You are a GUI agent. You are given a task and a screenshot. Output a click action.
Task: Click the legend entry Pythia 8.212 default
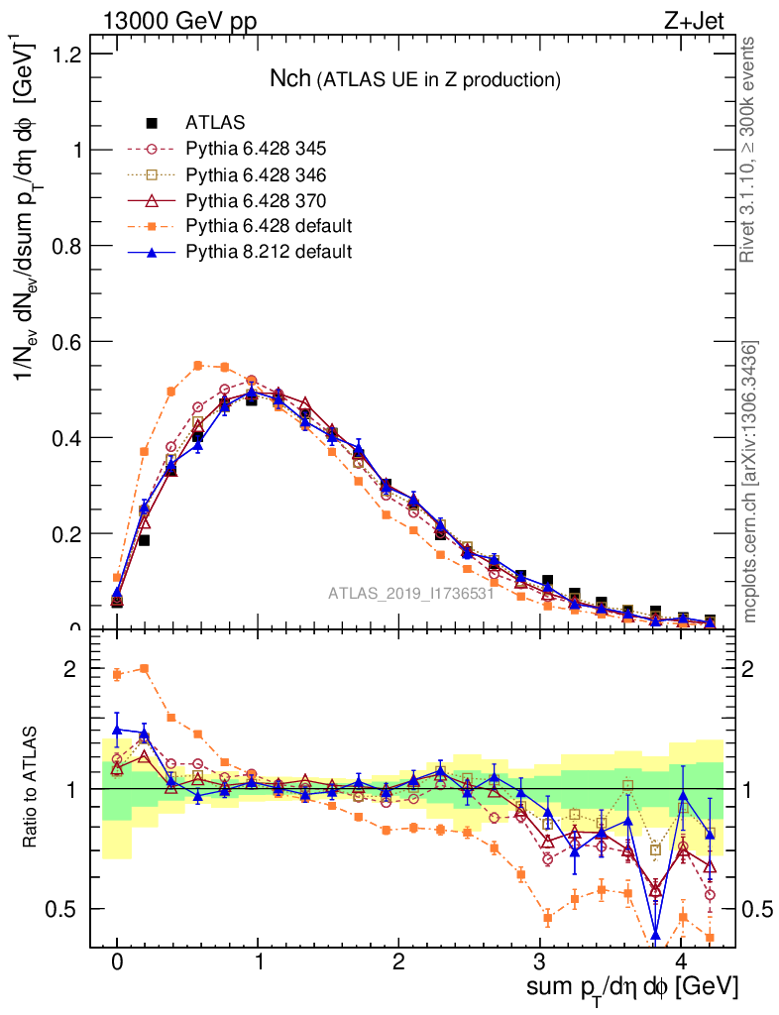[x=268, y=252]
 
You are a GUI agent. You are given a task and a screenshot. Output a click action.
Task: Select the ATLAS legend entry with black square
[x=215, y=123]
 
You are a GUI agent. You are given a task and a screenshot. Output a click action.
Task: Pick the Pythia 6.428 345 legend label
[x=256, y=149]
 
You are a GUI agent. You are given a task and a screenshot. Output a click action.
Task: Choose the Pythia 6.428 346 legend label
[x=256, y=174]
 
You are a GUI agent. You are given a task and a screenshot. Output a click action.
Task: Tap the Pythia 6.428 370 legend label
[x=256, y=200]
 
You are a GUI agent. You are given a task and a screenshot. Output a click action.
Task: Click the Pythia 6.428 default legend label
[x=268, y=226]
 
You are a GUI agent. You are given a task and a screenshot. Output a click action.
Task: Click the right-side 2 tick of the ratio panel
[x=754, y=669]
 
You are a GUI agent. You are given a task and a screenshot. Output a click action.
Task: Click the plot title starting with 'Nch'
[x=416, y=78]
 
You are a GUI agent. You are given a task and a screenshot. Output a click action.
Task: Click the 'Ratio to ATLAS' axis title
[x=32, y=788]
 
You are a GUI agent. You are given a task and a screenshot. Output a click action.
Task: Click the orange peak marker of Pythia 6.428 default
[x=198, y=365]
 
